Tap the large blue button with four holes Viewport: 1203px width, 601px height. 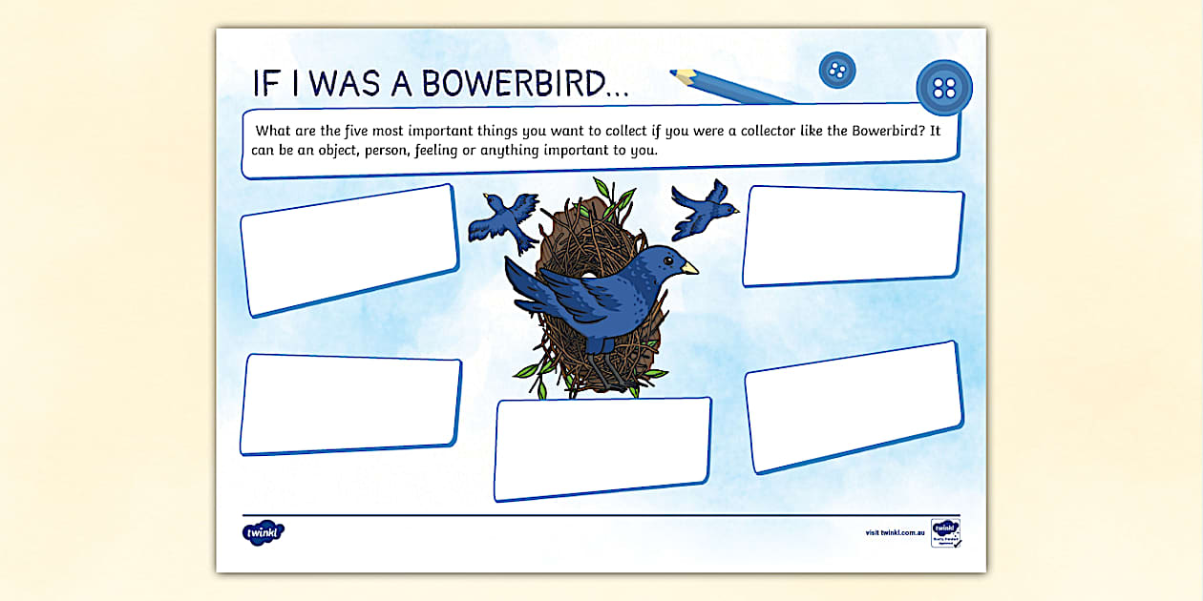943,88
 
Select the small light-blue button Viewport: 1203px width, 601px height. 837,70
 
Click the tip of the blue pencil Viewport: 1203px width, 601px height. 673,72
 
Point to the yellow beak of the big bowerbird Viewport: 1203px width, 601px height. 689,268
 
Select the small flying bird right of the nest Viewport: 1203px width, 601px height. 704,209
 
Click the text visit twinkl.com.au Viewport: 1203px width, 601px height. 895,532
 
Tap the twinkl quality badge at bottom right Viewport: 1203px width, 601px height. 945,532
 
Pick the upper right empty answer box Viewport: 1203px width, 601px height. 853,236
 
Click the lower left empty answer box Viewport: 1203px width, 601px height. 350,404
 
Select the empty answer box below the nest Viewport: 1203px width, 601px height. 602,447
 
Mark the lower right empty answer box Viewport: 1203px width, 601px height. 854,406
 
